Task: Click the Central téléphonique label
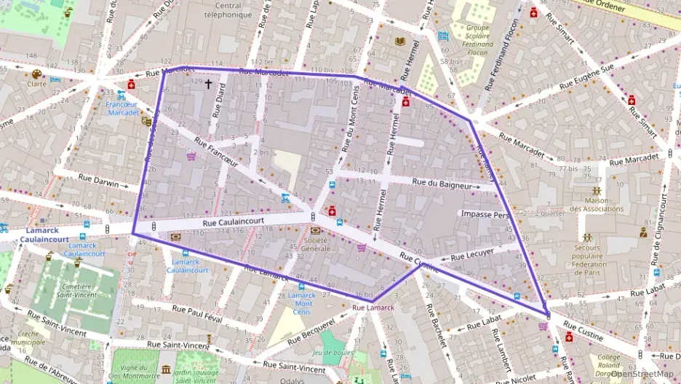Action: [x=223, y=9]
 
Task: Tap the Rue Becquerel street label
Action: [x=311, y=331]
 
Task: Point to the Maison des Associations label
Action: [x=597, y=204]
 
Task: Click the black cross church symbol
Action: [x=208, y=85]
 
